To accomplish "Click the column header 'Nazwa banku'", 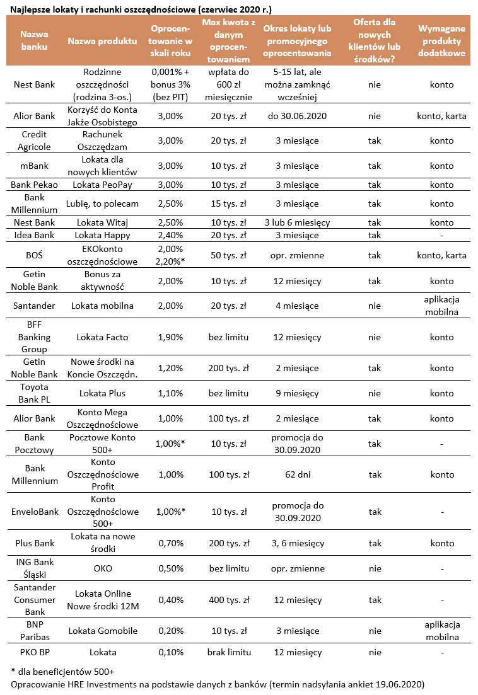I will (34, 41).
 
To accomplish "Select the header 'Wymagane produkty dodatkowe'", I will (441, 41).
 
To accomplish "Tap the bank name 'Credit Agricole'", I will (34, 141).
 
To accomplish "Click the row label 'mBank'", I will (34, 166).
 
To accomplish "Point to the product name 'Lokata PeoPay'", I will (102, 185).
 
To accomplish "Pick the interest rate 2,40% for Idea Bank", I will (167, 235).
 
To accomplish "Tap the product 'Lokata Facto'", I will (102, 337).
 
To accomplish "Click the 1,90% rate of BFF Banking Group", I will (167, 337).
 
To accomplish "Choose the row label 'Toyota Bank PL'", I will (34, 393).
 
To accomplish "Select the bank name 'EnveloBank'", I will (34, 512).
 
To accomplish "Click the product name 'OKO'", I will (102, 568).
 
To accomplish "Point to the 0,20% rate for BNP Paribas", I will (167, 631).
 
